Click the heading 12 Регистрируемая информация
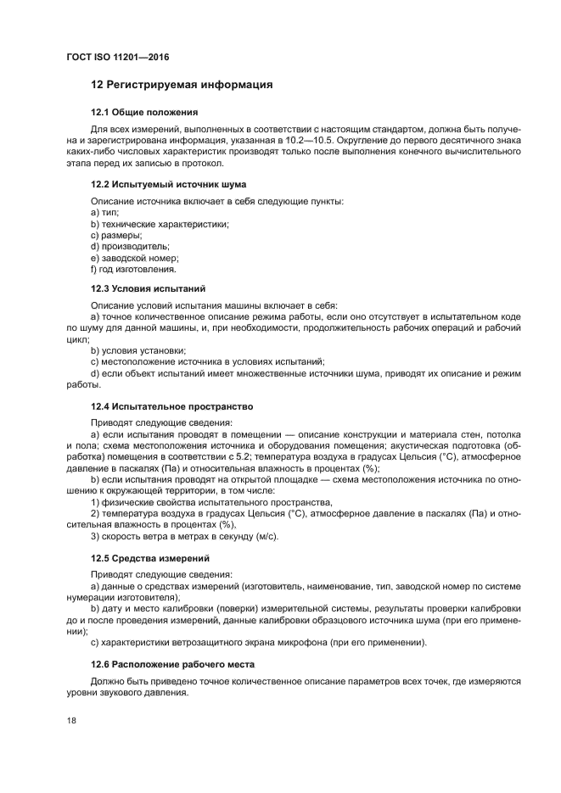click(181, 86)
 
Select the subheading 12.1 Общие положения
click(144, 112)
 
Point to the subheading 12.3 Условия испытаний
click(148, 288)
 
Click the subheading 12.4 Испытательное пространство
click(171, 405)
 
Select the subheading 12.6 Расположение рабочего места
click(172, 662)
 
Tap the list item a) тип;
click(104, 211)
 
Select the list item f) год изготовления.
click(133, 269)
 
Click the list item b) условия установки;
click(138, 350)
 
